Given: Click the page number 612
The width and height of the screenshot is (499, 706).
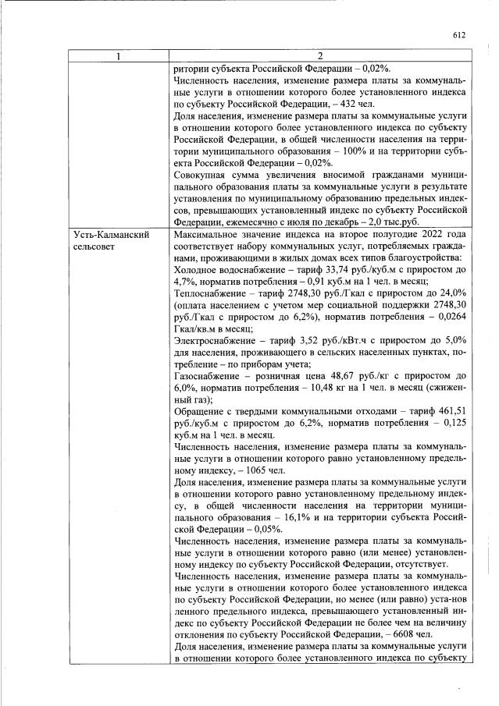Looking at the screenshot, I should pyautogui.click(x=458, y=34).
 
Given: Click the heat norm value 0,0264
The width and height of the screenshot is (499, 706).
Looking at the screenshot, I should pyautogui.click(x=449, y=318).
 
